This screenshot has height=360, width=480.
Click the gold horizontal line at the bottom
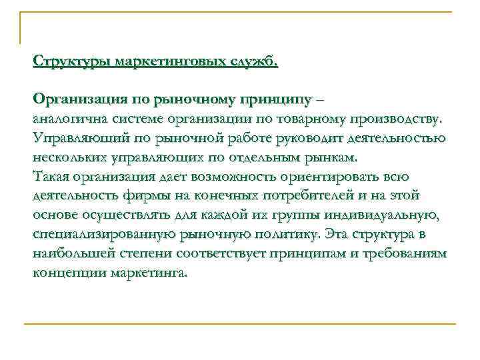[x=240, y=324]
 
